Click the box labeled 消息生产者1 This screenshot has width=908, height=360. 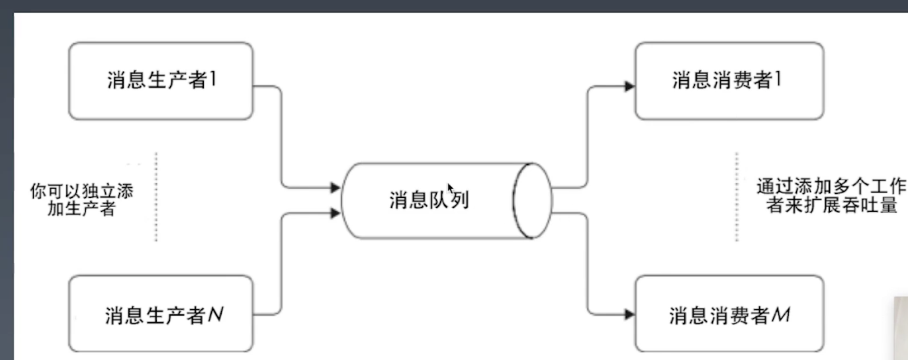tap(161, 81)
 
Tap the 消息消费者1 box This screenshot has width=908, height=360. tap(729, 81)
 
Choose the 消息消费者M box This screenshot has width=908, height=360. tap(729, 314)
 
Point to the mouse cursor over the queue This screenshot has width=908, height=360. tap(450, 188)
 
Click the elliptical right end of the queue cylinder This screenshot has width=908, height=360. tap(533, 201)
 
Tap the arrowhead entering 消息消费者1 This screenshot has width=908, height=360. tap(629, 85)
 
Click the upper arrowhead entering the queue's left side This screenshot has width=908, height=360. tap(336, 188)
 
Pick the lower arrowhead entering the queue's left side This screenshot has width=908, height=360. tap(336, 212)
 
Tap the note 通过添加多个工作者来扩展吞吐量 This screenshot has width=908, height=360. tap(831, 195)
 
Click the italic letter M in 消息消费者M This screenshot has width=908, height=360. tap(781, 315)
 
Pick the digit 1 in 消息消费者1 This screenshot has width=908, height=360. tap(778, 81)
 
